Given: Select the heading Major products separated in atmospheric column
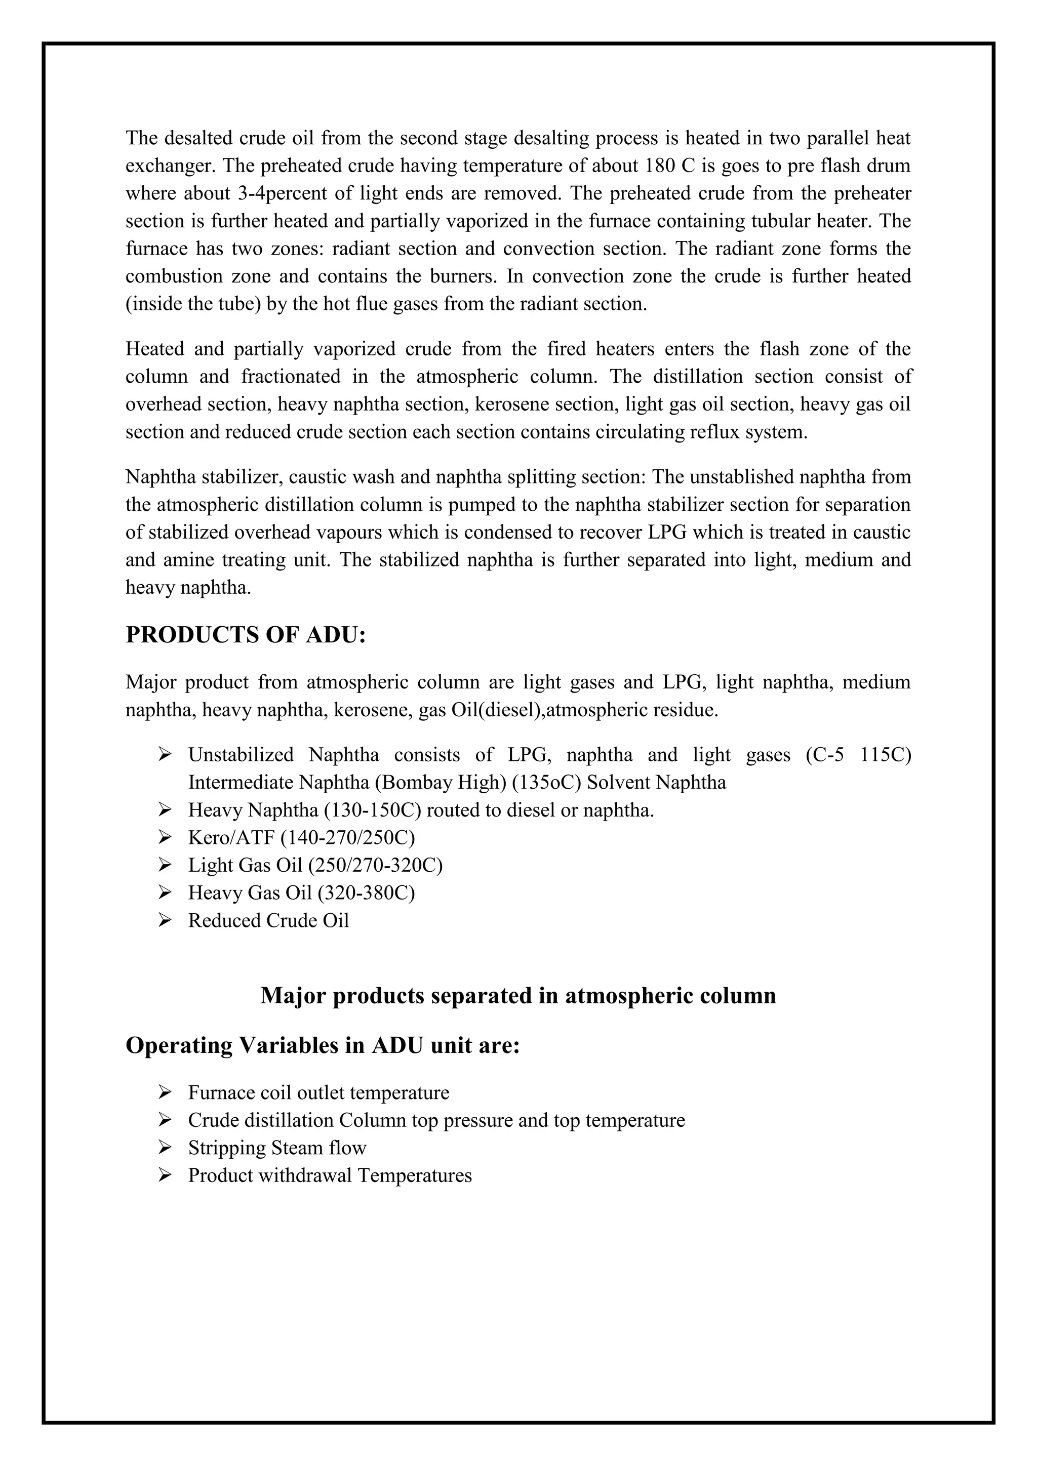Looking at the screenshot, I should (x=518, y=995).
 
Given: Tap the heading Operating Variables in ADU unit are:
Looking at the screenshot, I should (x=323, y=1045).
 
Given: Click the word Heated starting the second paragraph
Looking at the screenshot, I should (x=154, y=349).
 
